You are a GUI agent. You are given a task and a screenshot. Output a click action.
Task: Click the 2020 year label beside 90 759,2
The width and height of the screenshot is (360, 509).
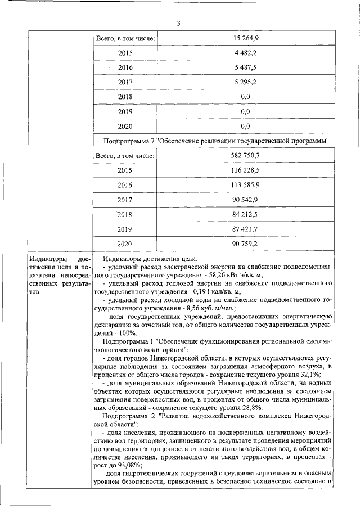tap(125, 244)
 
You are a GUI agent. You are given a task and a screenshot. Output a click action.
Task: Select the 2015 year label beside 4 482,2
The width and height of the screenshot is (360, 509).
tap(125, 53)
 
